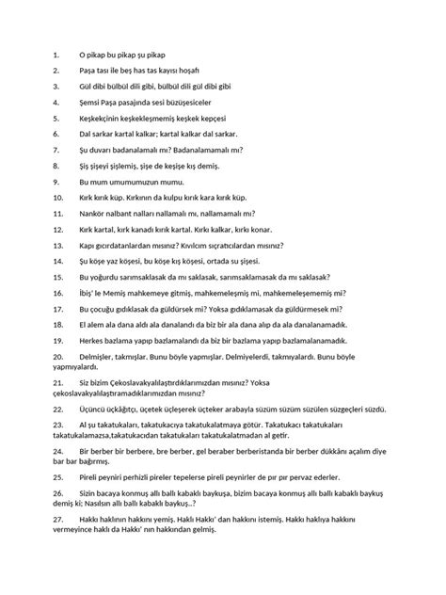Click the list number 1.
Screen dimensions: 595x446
pos(56,56)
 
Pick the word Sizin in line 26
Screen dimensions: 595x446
pos(91,497)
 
